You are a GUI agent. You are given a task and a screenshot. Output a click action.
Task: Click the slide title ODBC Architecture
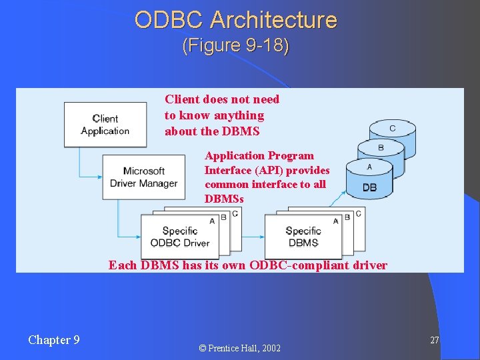point(235,20)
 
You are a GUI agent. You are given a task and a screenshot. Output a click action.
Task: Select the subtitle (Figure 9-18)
point(235,46)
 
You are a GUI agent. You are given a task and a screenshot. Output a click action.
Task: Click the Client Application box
point(105,125)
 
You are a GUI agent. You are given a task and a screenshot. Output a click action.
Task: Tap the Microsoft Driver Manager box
point(143,177)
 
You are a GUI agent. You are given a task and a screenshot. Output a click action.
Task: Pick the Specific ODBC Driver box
point(180,237)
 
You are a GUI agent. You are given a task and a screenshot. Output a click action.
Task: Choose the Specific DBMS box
point(303,237)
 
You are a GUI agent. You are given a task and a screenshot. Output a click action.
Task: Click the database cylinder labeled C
point(393,129)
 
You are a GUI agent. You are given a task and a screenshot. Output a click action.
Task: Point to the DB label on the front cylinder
point(369,188)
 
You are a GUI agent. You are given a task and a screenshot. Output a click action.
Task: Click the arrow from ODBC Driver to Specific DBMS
point(253,237)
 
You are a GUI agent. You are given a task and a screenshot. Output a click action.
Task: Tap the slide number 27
point(434,341)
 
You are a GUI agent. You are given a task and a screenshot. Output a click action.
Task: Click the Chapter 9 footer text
point(54,340)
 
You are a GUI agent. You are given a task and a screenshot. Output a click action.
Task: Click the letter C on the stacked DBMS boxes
point(359,213)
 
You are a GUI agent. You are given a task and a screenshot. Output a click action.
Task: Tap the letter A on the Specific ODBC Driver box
point(212,220)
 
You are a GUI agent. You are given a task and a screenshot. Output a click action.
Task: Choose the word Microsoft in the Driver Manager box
point(144,171)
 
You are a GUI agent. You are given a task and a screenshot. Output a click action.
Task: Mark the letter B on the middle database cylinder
point(381,147)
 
